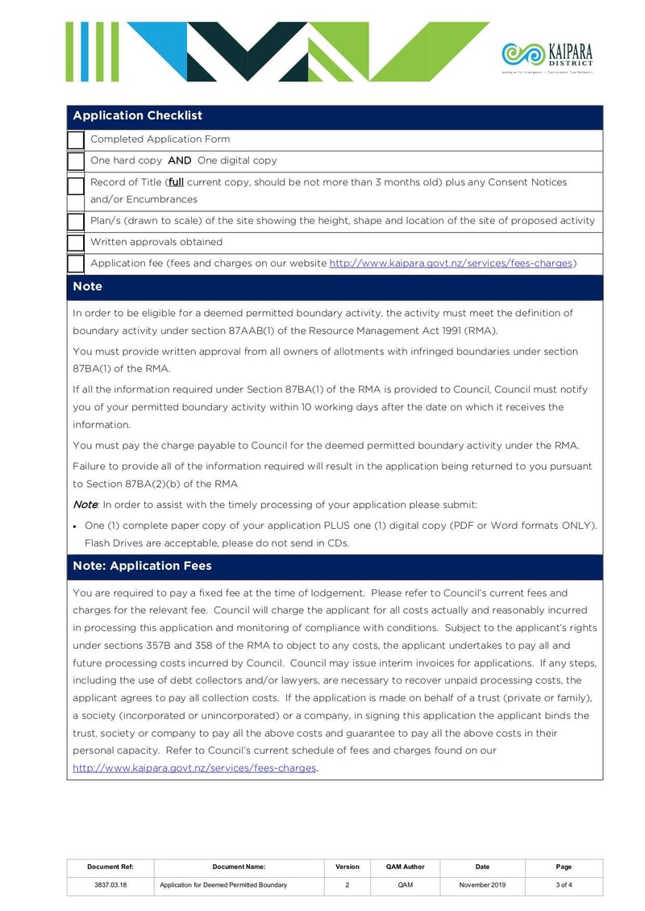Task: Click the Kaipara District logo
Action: [x=547, y=56]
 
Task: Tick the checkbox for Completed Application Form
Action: [x=76, y=140]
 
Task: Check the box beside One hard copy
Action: [x=76, y=161]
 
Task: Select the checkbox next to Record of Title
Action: [x=76, y=186]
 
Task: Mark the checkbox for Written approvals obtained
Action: [x=76, y=243]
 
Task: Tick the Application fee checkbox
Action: [x=76, y=264]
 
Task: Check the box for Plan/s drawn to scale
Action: [x=76, y=222]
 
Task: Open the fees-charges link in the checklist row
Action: [x=451, y=264]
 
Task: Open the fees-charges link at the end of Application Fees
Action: [x=194, y=768]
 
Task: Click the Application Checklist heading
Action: [x=138, y=116]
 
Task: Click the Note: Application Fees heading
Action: [x=142, y=566]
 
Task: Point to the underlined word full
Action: [x=176, y=182]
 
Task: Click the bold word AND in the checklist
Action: [x=180, y=160]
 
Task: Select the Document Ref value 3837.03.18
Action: [x=110, y=885]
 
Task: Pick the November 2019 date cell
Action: [x=482, y=885]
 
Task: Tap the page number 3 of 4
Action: [x=564, y=885]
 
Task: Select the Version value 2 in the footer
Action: [x=347, y=885]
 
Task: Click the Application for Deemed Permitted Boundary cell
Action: [x=223, y=885]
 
